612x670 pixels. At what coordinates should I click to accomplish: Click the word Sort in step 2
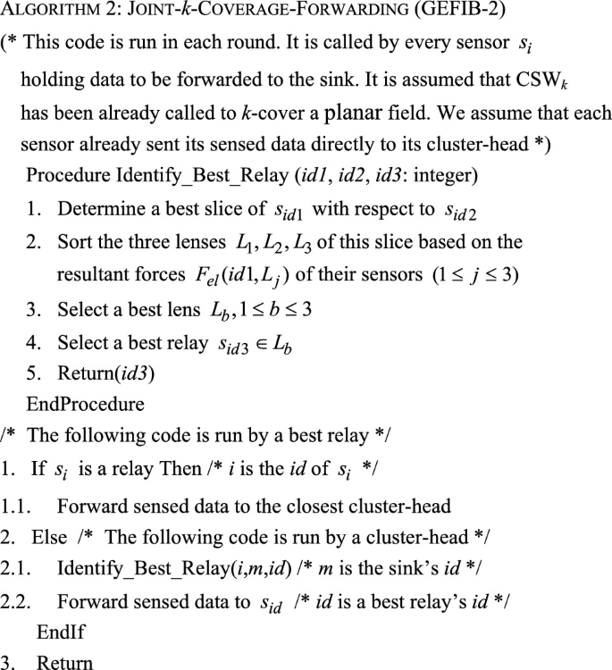pos(75,243)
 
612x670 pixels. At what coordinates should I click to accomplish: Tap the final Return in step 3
pos(64,662)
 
